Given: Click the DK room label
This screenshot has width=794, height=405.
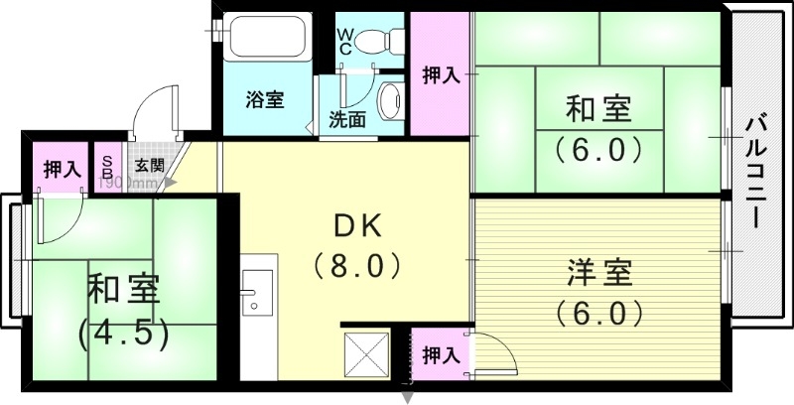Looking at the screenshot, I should (x=357, y=226).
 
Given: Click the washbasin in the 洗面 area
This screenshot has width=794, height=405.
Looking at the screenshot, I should (x=390, y=99).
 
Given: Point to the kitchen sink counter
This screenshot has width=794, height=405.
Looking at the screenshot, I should (x=258, y=287).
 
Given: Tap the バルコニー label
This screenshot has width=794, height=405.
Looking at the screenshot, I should (x=759, y=175).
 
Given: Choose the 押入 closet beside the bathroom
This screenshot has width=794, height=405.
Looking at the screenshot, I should (x=441, y=74).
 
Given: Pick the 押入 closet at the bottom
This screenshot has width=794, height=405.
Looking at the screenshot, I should (x=440, y=354).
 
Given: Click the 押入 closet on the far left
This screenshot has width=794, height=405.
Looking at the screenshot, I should (x=61, y=169).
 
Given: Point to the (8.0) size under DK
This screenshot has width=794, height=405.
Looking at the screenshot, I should (x=357, y=265).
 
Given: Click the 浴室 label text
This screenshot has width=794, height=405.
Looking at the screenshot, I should (x=265, y=99).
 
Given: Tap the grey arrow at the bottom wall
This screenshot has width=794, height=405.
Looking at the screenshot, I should (x=407, y=397).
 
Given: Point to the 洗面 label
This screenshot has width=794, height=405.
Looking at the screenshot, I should (x=347, y=118).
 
